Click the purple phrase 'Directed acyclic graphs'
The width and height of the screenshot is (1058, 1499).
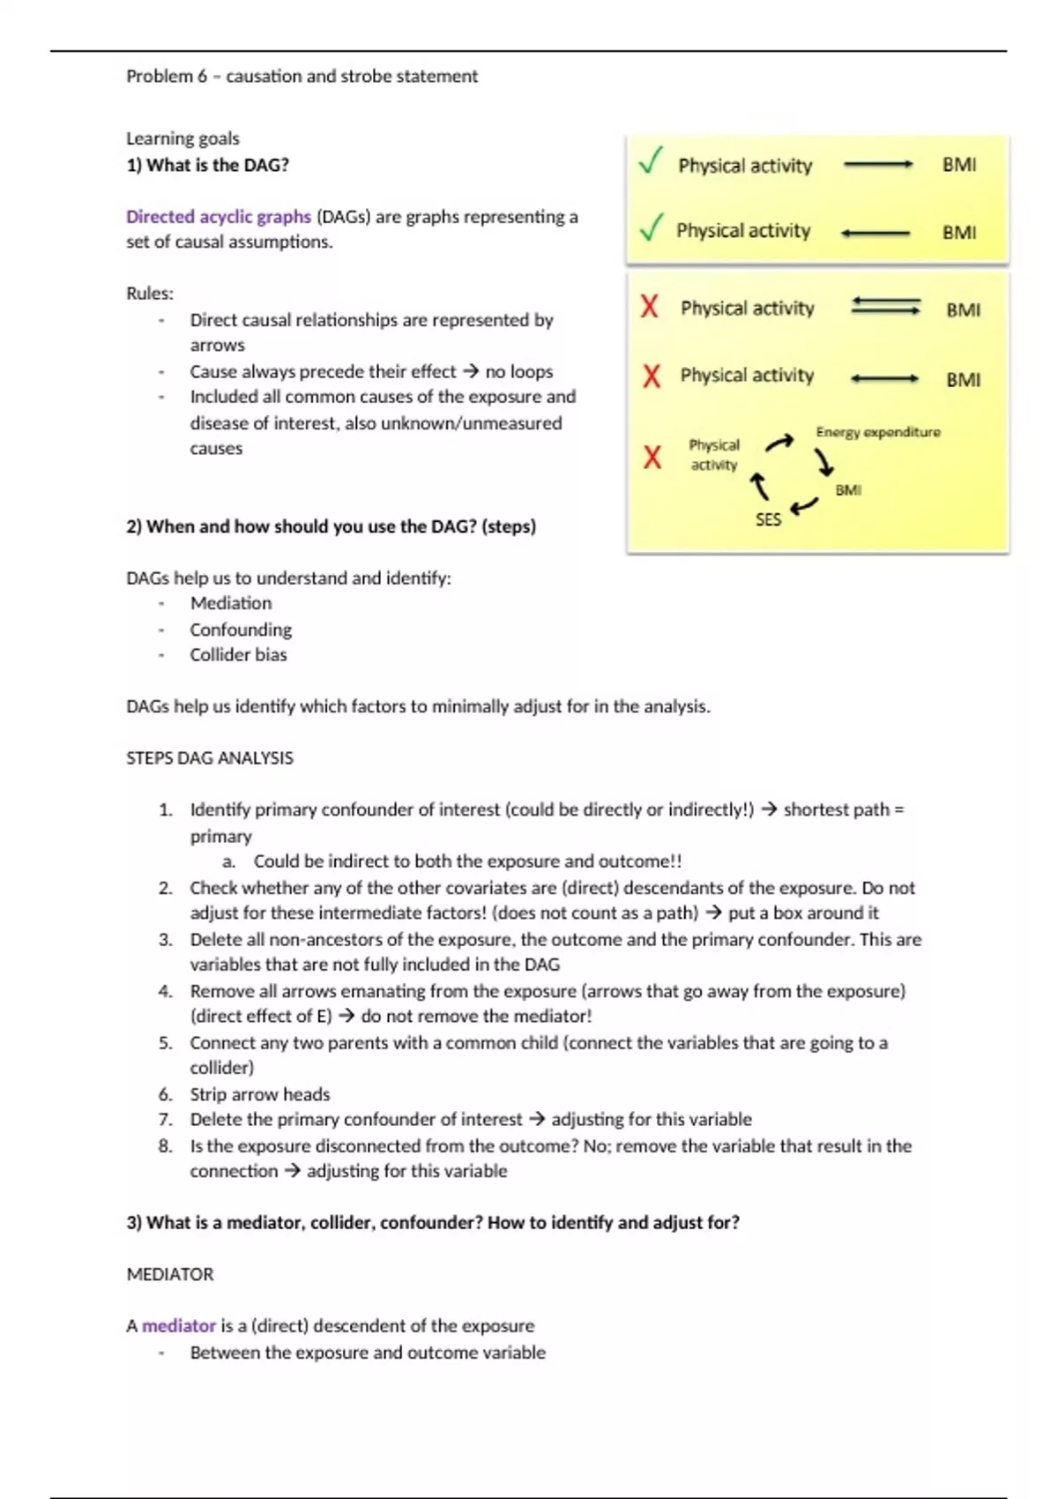pyautogui.click(x=219, y=217)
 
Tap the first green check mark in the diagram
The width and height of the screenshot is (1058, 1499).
pyautogui.click(x=651, y=160)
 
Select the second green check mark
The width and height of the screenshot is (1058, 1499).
pyautogui.click(x=651, y=227)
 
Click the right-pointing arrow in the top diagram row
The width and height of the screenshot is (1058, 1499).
pyautogui.click(x=878, y=165)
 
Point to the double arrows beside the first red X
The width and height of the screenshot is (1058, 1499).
pyautogui.click(x=885, y=307)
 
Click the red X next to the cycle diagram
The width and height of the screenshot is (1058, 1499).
pyautogui.click(x=652, y=457)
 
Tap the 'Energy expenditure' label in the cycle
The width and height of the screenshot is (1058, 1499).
pyautogui.click(x=878, y=432)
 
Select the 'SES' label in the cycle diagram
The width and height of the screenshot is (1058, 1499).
pyautogui.click(x=768, y=520)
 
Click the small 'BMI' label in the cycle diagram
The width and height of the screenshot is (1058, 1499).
pyautogui.click(x=848, y=490)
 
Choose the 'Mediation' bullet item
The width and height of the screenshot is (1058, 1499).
pyautogui.click(x=231, y=603)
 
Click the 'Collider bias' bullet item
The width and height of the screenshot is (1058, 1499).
pyautogui.click(x=238, y=655)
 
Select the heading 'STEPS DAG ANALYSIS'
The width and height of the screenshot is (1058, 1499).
pyautogui.click(x=210, y=758)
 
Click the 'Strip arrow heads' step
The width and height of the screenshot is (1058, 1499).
pyautogui.click(x=260, y=1094)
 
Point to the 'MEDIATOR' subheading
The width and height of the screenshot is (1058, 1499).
pyautogui.click(x=170, y=1274)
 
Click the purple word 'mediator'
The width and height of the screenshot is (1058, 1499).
pyautogui.click(x=179, y=1326)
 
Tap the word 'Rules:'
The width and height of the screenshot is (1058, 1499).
pyautogui.click(x=150, y=294)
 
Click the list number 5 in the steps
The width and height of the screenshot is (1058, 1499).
pyautogui.click(x=166, y=1043)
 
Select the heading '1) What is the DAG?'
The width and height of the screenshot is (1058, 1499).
pyautogui.click(x=207, y=165)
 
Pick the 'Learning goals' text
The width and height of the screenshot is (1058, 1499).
pyautogui.click(x=183, y=138)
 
